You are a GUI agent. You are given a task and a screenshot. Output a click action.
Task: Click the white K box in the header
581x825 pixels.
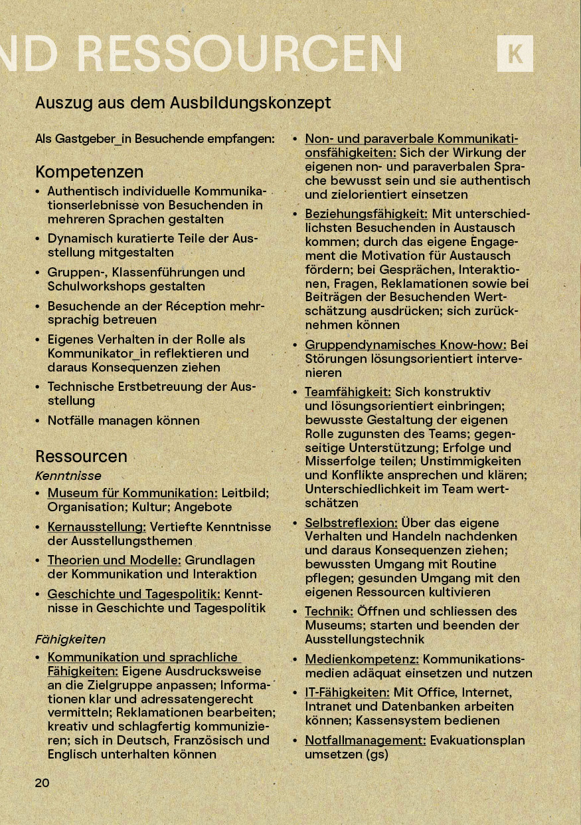click(x=515, y=53)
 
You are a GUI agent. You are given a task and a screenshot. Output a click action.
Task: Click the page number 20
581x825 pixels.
click(x=42, y=782)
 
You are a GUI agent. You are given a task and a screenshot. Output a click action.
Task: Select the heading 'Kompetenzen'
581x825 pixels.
click(x=89, y=172)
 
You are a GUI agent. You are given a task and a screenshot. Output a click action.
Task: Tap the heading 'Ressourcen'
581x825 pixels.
click(x=81, y=456)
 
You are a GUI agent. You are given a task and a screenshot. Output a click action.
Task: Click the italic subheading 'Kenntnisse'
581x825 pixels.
click(x=68, y=475)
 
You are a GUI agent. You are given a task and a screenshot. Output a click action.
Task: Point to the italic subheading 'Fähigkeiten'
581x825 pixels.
click(x=70, y=639)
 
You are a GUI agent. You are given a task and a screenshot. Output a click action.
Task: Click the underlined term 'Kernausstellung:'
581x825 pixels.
click(x=96, y=527)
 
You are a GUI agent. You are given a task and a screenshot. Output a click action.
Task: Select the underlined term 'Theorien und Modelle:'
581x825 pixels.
click(x=114, y=560)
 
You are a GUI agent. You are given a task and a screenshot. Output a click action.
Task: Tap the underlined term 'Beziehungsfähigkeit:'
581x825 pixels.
click(x=366, y=214)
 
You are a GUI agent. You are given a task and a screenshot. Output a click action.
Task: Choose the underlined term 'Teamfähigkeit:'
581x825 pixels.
click(x=347, y=392)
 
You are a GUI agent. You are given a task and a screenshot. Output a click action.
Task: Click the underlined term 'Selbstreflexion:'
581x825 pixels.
click(x=351, y=523)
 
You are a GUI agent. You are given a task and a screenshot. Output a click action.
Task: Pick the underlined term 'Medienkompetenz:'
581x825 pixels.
click(x=362, y=659)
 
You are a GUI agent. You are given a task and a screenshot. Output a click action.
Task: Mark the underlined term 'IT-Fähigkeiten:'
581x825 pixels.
click(x=347, y=692)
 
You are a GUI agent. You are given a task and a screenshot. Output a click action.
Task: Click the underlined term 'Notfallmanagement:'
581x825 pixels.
click(x=365, y=740)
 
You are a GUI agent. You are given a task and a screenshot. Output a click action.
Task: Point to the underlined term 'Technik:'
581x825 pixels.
click(x=328, y=611)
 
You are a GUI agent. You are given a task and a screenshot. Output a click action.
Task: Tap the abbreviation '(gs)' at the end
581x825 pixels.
click(x=376, y=754)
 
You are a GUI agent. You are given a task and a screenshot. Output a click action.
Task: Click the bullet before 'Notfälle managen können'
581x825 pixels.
click(x=38, y=421)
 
